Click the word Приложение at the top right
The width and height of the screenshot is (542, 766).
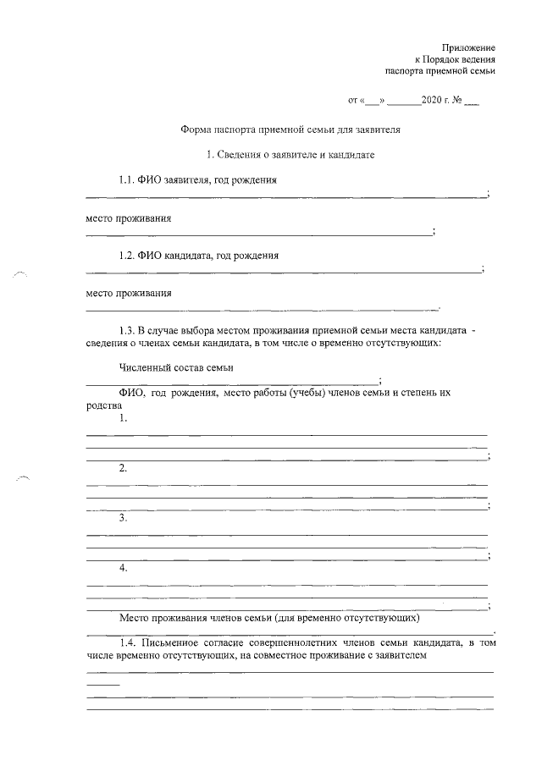pyautogui.click(x=468, y=47)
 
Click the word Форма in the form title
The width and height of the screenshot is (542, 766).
pyautogui.click(x=196, y=130)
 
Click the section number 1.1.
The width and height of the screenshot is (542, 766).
pyautogui.click(x=129, y=180)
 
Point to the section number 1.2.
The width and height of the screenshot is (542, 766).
pyautogui.click(x=129, y=255)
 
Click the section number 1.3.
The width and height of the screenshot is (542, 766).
pyautogui.click(x=129, y=329)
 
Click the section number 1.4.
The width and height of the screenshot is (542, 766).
pyautogui.click(x=129, y=642)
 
